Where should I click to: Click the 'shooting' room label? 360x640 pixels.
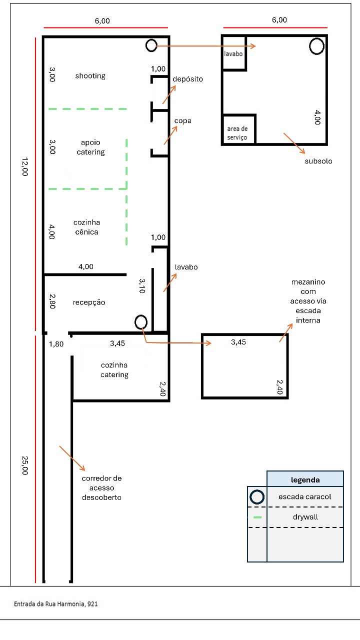point(90,76)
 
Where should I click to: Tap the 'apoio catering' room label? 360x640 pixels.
point(90,147)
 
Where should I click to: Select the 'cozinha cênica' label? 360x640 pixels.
point(86,227)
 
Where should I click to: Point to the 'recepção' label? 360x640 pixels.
point(89,302)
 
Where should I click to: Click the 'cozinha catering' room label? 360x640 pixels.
point(114,370)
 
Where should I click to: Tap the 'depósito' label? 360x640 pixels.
point(188,79)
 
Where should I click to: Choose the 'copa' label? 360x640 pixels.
point(183,121)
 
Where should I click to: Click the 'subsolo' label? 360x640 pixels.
point(318,161)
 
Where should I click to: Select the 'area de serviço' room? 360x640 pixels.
point(237,133)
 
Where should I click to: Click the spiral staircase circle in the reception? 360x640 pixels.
point(141,322)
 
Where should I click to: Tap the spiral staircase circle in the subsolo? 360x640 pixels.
point(316,46)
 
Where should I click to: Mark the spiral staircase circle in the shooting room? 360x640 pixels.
point(151,45)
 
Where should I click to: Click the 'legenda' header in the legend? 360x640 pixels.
point(305,480)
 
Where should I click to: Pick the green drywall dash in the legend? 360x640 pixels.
point(257,517)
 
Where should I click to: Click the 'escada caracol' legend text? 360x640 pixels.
point(305,497)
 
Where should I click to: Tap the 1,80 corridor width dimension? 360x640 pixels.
point(56,344)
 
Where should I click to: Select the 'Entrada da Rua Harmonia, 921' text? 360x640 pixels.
point(56,604)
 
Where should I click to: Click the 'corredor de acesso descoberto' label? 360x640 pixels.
point(101,487)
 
